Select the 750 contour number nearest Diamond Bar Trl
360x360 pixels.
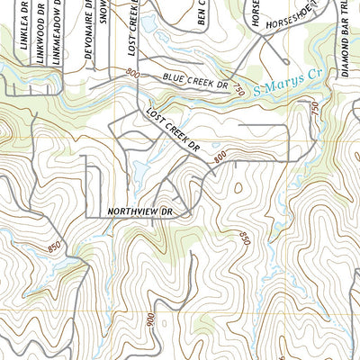[x=315, y=107]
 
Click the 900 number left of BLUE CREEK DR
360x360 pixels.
[x=133, y=72]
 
